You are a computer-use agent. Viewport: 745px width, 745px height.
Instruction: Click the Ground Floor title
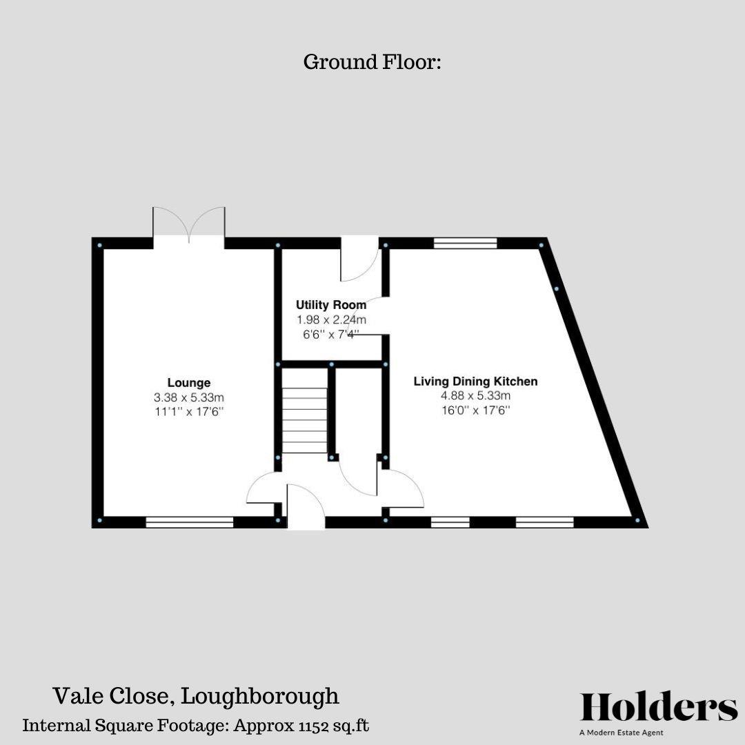coord(372,62)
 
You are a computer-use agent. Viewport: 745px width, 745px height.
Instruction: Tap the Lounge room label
coord(189,383)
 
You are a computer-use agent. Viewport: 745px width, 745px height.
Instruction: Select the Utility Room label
coord(331,304)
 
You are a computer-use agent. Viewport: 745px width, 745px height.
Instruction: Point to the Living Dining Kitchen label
coord(475,381)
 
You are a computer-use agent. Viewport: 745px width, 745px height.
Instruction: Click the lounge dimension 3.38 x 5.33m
coord(189,397)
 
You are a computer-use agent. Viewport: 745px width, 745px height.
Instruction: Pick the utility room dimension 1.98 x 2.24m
coord(331,319)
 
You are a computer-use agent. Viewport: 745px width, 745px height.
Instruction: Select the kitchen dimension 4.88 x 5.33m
coord(475,396)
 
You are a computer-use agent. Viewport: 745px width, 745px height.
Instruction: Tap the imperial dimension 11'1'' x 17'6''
coord(189,412)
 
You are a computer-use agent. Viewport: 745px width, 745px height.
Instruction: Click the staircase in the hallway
coord(304,419)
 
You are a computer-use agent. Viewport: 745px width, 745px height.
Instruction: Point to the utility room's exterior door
coord(359,259)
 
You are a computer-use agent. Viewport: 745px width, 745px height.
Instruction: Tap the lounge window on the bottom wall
coord(189,523)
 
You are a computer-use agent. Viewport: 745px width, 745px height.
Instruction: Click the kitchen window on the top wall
coord(466,243)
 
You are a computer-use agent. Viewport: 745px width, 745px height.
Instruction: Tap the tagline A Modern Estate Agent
coord(621,733)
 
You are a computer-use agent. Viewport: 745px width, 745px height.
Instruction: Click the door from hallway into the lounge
coord(262,488)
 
